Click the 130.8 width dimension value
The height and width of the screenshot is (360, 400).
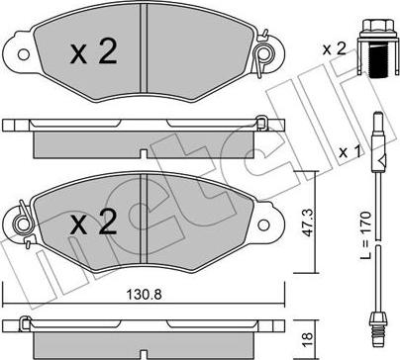pos(145,294)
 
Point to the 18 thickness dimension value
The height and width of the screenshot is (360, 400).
pos(307,336)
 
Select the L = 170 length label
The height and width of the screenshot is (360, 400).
pos(366,235)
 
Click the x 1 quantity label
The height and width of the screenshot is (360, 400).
pos(350,152)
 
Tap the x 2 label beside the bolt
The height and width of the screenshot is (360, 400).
pos(335,49)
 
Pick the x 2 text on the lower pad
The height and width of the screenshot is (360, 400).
pos(94,223)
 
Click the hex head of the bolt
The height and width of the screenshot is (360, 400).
pos(378,26)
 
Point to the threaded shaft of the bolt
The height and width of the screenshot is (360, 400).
pos(378,61)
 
